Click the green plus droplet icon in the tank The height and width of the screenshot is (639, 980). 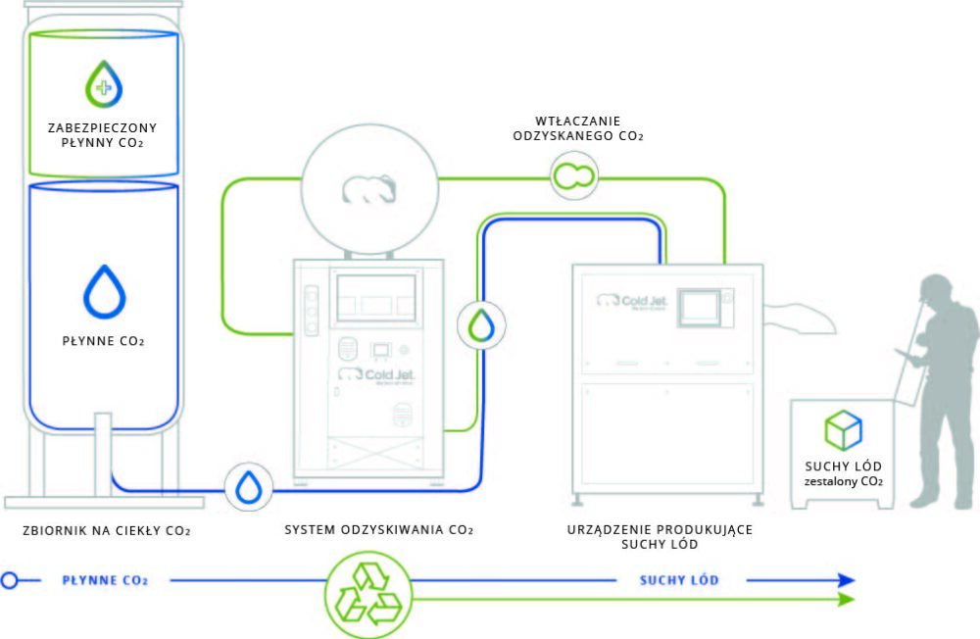click(x=104, y=83)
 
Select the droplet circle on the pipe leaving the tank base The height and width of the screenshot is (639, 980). click(x=248, y=487)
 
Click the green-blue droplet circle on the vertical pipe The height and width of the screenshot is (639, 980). click(x=481, y=325)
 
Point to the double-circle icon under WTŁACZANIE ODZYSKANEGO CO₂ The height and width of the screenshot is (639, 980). click(x=573, y=175)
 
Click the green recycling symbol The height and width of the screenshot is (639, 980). click(x=368, y=594)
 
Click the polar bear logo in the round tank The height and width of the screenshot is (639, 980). click(x=369, y=189)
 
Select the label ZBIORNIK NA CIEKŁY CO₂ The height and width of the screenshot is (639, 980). click(x=106, y=531)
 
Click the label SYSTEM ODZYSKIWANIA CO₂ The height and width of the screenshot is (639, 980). click(x=378, y=530)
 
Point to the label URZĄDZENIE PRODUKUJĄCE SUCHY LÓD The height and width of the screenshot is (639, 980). click(x=660, y=536)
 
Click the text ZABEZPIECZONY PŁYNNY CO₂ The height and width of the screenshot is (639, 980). click(x=103, y=135)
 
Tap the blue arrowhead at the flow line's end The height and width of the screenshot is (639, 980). click(x=846, y=579)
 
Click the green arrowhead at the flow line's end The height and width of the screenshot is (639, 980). click(x=846, y=600)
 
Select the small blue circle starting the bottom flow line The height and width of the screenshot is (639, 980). click(x=10, y=580)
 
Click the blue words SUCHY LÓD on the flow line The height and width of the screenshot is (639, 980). click(x=679, y=580)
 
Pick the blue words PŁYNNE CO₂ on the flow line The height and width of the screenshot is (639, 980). click(x=105, y=580)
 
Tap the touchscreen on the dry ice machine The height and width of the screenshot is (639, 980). click(x=700, y=307)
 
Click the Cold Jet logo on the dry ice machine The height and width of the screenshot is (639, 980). click(x=632, y=301)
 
